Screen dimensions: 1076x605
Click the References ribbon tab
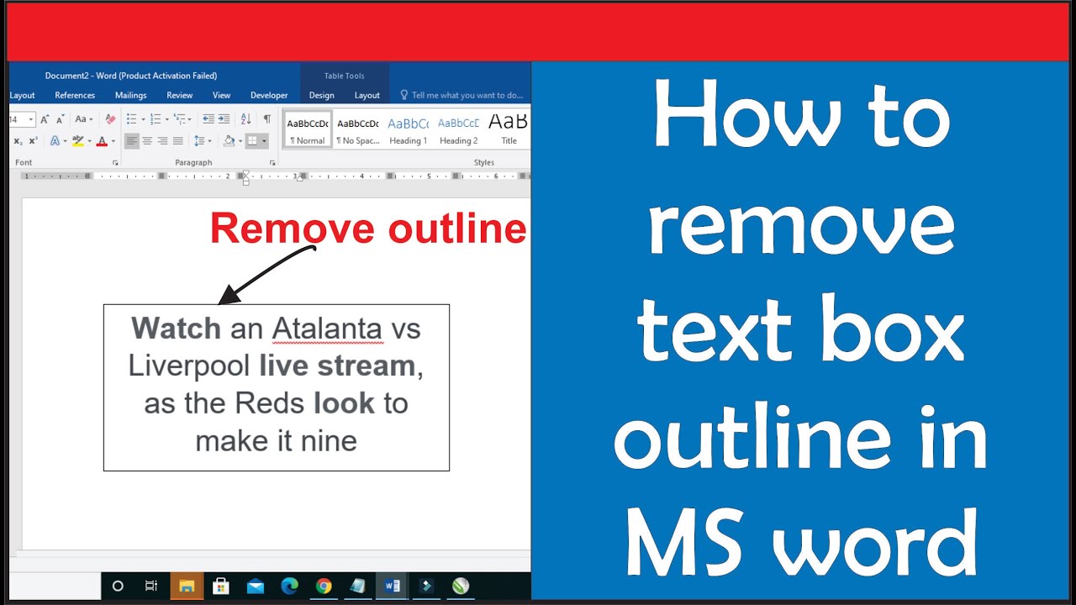click(75, 95)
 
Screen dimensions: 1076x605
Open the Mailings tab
click(130, 95)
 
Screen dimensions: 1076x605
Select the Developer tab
click(269, 95)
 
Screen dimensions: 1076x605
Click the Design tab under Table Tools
click(321, 95)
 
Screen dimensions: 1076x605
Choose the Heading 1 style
click(409, 130)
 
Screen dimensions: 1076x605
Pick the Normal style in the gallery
click(308, 130)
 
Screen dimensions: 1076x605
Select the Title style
click(509, 130)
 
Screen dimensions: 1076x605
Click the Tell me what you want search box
click(462, 95)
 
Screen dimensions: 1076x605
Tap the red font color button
click(102, 141)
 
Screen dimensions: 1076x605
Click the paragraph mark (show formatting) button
click(267, 118)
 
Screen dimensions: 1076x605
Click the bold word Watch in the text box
click(176, 329)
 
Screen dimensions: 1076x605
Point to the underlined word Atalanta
click(328, 329)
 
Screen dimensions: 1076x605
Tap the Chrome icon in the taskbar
click(324, 586)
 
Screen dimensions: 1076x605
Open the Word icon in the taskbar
click(392, 586)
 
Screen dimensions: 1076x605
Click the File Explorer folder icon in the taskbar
click(187, 586)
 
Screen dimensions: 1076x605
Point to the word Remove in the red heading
click(292, 229)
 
